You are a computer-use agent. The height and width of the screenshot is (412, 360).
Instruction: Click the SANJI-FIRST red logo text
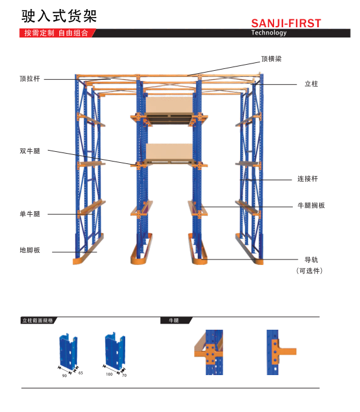(x=286, y=24)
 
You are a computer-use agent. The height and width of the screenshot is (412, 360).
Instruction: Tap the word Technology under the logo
(x=269, y=33)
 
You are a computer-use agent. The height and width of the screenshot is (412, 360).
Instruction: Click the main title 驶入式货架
(x=59, y=16)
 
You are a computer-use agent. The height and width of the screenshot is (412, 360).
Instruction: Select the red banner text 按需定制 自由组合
(x=56, y=33)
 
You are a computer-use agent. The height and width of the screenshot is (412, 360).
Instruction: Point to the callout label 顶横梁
(x=271, y=59)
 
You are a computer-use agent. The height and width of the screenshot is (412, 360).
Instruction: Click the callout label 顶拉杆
(x=30, y=79)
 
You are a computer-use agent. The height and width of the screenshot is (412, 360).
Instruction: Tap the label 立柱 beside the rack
(x=311, y=84)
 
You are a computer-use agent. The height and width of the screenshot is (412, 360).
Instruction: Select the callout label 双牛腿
(x=30, y=151)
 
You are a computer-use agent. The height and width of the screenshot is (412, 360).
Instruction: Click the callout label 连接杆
(x=307, y=178)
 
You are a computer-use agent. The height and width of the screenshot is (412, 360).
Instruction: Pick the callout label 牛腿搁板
(x=311, y=205)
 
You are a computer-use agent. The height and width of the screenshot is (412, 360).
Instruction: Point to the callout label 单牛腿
(x=30, y=214)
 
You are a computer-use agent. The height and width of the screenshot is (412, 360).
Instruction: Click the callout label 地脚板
(x=30, y=250)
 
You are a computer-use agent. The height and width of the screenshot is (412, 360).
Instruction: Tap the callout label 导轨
(x=311, y=260)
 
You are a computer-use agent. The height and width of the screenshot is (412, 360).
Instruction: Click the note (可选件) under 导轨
(x=309, y=270)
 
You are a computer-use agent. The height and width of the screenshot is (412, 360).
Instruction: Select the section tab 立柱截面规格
(x=38, y=320)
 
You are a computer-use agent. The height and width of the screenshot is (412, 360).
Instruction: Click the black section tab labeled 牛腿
(x=174, y=320)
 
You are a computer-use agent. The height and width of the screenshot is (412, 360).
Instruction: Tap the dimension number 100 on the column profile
(x=109, y=374)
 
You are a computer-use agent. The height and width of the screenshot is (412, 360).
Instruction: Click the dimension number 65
(x=80, y=373)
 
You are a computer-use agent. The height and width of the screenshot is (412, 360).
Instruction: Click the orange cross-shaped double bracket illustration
(x=209, y=352)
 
